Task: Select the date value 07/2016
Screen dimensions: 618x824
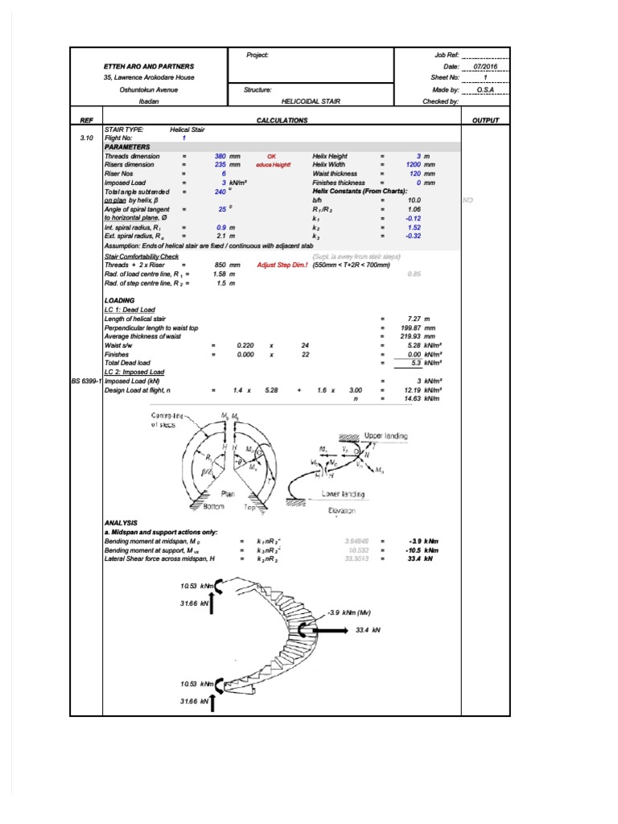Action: coord(485,66)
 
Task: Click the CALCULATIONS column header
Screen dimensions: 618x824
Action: coord(282,120)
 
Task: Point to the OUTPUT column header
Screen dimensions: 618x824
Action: coord(485,120)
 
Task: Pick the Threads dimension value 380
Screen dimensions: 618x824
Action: coord(220,155)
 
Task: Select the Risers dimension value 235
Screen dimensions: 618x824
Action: coord(220,164)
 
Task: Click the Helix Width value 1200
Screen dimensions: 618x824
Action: coord(414,164)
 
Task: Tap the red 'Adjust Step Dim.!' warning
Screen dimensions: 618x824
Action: coord(282,264)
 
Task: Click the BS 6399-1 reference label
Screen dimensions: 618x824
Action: coord(86,380)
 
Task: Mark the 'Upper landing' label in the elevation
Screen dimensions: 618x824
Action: coord(386,435)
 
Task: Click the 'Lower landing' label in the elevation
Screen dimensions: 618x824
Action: coord(343,494)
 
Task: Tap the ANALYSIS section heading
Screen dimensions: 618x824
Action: coord(122,522)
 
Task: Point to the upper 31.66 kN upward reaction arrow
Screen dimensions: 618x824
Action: coord(212,604)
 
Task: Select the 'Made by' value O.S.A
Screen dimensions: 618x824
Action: coord(485,90)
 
